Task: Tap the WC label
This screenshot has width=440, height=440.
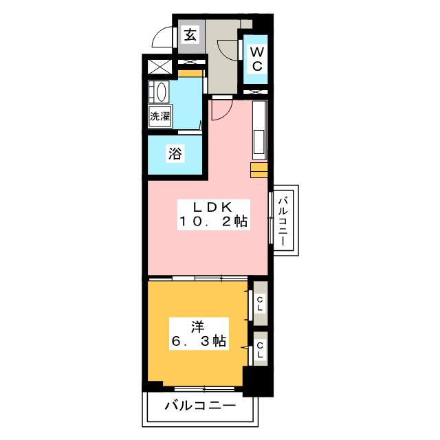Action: pyautogui.click(x=255, y=59)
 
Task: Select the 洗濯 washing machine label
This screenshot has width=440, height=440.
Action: pyautogui.click(x=159, y=116)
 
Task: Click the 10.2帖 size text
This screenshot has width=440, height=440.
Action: pyautogui.click(x=214, y=222)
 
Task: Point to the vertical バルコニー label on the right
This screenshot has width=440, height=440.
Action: pyautogui.click(x=283, y=221)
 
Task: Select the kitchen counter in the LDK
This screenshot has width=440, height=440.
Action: pyautogui.click(x=260, y=128)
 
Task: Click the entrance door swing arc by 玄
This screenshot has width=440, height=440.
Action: pyautogui.click(x=164, y=37)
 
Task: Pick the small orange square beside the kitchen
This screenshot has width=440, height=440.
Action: pyautogui.click(x=258, y=171)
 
